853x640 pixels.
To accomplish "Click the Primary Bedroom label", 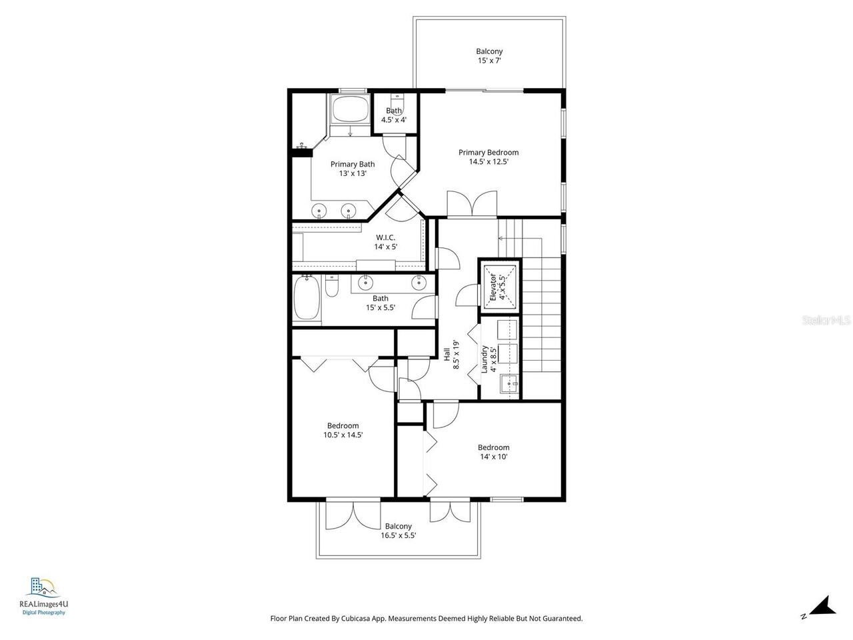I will [488, 153].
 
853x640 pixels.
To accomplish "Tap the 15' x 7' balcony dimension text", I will [489, 61].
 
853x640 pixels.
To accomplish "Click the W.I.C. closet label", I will [385, 237].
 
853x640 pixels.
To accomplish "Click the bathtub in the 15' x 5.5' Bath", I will [307, 300].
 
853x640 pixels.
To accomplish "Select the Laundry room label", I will [485, 359].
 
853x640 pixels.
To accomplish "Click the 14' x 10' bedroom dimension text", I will [493, 457].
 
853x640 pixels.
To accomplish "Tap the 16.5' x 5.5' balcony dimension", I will [398, 535].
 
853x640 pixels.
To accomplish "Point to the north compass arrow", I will [824, 606].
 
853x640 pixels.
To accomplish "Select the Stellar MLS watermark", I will [826, 321].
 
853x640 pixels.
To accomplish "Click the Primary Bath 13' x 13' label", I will [353, 169].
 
